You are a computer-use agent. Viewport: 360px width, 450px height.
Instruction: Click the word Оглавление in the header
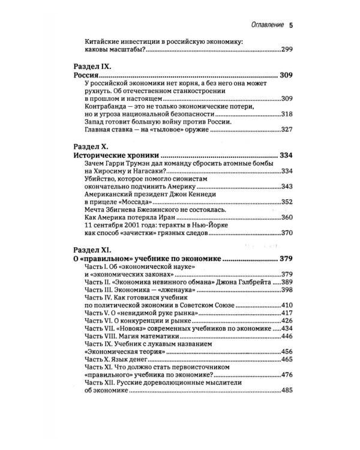coord(265,25)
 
